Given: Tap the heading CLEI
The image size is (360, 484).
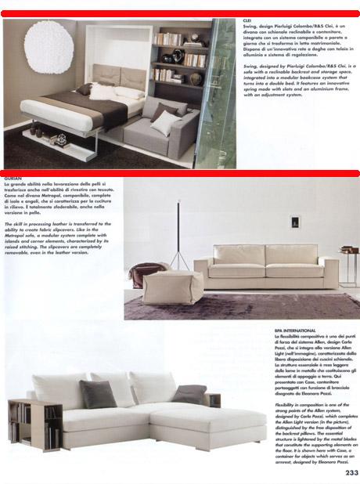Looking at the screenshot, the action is [248, 22].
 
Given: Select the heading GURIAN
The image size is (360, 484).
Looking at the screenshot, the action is [13, 179].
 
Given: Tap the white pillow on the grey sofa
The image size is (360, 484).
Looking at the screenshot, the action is [165, 121].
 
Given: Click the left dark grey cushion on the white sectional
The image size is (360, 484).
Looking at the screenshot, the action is [98, 394].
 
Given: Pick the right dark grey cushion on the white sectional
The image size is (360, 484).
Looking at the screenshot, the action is [189, 394].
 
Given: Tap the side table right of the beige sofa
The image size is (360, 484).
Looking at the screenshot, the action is [348, 262].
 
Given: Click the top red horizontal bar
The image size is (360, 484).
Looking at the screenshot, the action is [180, 14].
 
